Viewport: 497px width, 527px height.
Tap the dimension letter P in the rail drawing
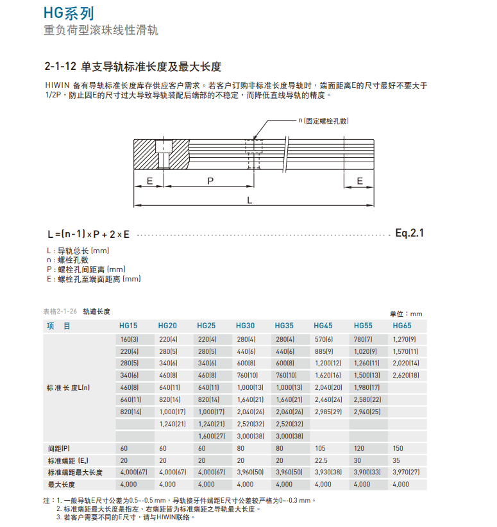pyautogui.click(x=210, y=181)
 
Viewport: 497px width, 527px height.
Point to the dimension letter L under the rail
pyautogui.click(x=249, y=200)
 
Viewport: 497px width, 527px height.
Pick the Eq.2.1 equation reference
pyautogui.click(x=409, y=233)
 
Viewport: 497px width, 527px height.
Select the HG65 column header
pyautogui.click(x=401, y=326)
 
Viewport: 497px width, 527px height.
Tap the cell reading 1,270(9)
pyautogui.click(x=404, y=339)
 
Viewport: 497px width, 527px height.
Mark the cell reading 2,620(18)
pyautogui.click(x=405, y=375)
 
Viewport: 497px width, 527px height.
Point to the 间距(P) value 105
pyautogui.click(x=320, y=448)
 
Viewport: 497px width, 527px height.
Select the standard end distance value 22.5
pyautogui.click(x=321, y=460)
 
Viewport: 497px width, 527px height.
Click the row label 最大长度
pyautogui.click(x=61, y=484)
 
